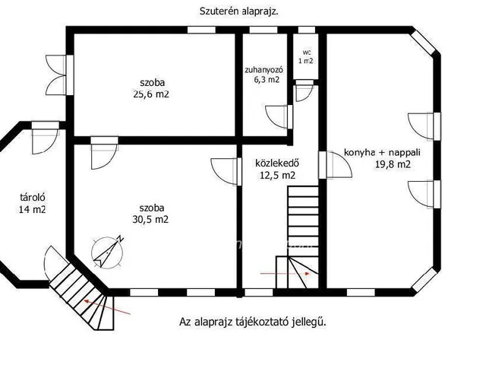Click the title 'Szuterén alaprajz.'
[238, 11]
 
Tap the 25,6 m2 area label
[151, 94]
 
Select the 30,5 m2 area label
[150, 220]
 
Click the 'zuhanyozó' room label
[264, 70]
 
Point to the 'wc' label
[306, 52]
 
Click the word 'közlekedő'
[277, 163]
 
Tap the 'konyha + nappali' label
[382, 153]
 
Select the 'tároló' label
[33, 198]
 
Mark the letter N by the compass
[121, 239]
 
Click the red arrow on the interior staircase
[286, 274]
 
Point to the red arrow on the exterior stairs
[108, 307]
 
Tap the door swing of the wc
[304, 93]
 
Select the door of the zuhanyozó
[277, 116]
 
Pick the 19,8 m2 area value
[393, 164]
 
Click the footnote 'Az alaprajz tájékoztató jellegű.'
[253, 322]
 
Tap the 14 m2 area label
[32, 210]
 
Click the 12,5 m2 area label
[277, 176]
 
